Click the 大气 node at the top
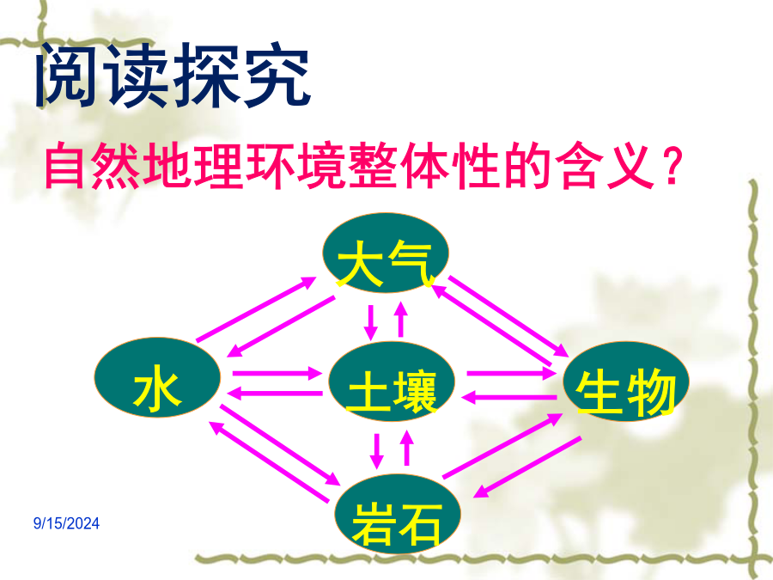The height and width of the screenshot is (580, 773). (x=386, y=253)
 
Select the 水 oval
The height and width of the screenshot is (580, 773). (x=157, y=378)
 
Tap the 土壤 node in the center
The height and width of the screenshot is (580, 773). (x=391, y=382)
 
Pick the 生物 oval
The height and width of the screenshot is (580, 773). (x=626, y=382)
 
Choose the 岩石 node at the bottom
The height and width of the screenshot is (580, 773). (x=398, y=514)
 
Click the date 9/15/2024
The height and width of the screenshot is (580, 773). (x=66, y=523)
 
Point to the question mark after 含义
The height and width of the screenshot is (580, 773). (x=672, y=166)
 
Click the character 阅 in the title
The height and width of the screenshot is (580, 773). (x=67, y=75)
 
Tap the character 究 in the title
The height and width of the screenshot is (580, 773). (x=278, y=76)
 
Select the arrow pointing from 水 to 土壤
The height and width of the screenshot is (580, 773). (x=277, y=373)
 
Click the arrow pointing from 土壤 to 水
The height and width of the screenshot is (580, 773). (x=275, y=393)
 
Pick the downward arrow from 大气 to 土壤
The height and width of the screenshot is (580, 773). (x=371, y=322)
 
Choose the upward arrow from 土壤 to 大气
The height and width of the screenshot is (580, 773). (x=401, y=319)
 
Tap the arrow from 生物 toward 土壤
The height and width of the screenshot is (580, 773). (x=508, y=397)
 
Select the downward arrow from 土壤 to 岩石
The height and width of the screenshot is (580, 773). (x=377, y=451)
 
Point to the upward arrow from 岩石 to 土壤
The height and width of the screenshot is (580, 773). (x=407, y=448)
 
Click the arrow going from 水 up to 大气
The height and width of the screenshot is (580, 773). (x=256, y=308)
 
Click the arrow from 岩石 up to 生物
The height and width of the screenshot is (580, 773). (x=502, y=445)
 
